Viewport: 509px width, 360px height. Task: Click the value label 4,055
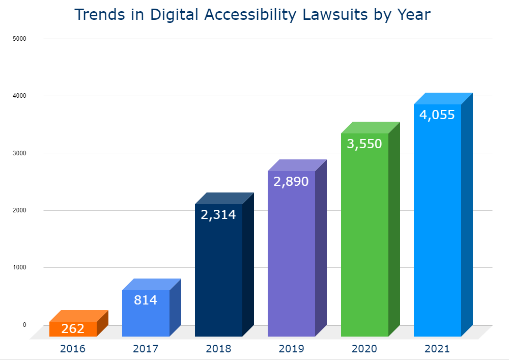point(437,115)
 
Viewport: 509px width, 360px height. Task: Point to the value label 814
point(146,300)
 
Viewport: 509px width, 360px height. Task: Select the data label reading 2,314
point(218,215)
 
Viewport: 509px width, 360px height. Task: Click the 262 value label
point(73,329)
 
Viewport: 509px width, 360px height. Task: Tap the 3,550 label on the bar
point(364,144)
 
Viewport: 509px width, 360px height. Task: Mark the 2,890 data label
point(291,182)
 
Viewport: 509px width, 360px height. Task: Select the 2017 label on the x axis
point(146,349)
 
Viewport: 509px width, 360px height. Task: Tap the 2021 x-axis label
point(437,349)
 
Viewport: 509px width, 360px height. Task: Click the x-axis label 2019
point(291,349)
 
